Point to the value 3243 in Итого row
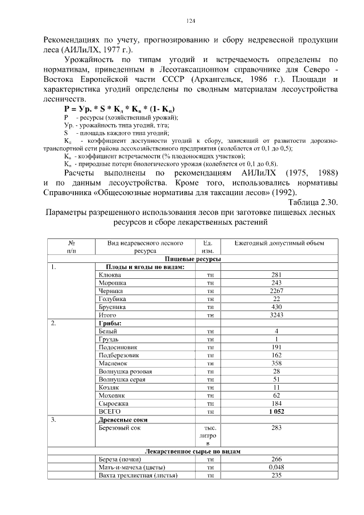point(276,315)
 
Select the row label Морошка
point(112,283)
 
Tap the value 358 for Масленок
point(276,362)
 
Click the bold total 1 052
point(276,410)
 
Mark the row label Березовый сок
point(119,427)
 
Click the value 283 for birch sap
point(276,427)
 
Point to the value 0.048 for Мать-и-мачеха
point(276,467)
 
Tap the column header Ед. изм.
point(208,246)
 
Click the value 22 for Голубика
point(276,299)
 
